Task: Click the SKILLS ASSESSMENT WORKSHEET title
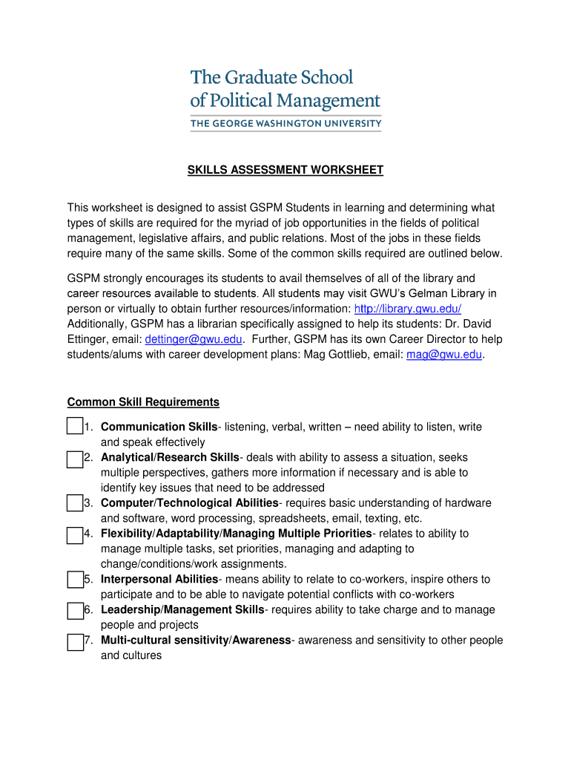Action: coord(285,170)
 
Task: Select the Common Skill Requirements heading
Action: coord(143,402)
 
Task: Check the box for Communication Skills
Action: coord(74,427)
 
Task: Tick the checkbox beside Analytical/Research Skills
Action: coord(74,458)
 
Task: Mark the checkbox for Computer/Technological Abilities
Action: coord(74,504)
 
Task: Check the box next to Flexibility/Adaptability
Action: coord(74,534)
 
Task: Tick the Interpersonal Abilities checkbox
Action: coord(74,580)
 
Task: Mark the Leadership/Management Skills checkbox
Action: coord(74,611)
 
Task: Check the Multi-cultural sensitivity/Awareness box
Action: coord(74,641)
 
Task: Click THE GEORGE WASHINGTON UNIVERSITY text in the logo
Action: coord(285,123)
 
